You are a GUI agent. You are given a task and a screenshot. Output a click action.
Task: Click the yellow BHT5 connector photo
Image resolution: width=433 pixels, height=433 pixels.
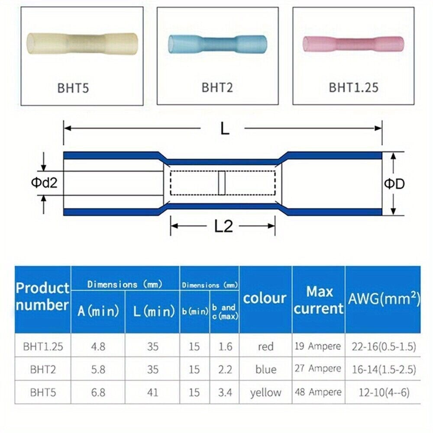click(82, 44)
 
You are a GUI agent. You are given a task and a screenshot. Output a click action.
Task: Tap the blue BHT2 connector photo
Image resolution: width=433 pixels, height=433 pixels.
click(218, 44)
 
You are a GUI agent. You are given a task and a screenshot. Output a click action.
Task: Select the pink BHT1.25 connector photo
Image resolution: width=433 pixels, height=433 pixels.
click(353, 44)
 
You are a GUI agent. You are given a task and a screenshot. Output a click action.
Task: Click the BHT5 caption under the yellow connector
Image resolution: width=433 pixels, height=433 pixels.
click(73, 88)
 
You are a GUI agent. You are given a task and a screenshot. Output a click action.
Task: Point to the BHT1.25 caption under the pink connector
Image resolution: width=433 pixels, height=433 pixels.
click(353, 87)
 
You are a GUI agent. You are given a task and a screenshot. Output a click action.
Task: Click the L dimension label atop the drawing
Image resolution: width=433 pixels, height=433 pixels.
click(225, 129)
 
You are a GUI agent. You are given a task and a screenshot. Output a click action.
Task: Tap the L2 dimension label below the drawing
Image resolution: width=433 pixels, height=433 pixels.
click(224, 226)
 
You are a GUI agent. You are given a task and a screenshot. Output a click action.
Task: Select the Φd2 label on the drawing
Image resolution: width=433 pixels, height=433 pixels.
click(44, 183)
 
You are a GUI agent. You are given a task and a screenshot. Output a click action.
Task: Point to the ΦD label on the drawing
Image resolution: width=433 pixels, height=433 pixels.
click(394, 184)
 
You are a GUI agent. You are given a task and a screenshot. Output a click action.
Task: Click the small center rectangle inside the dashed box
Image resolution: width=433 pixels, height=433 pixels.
click(222, 183)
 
